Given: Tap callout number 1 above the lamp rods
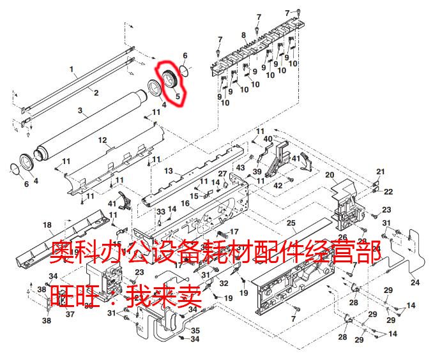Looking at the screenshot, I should pos(72,69).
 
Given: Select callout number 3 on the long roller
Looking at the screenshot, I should pos(80,110).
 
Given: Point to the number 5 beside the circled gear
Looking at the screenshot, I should pos(178,97).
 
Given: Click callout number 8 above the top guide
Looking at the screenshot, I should pos(243,34).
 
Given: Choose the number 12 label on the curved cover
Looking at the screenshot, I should pos(102,140).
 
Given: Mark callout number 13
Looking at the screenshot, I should pos(169,170).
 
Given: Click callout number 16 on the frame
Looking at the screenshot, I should pos(184,203).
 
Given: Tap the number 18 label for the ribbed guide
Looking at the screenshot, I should pos(47,224).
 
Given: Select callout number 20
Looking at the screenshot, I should pos(331,175).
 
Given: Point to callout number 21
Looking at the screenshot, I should pos(380,172).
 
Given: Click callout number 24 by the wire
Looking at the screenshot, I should pos(415,281).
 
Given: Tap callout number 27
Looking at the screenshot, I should pos(222,174).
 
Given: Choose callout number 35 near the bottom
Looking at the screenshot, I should pos(195,330).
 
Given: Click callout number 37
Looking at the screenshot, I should pos(70,314).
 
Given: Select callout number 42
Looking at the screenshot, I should pos(278,186).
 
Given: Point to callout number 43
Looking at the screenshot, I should pos(240,167).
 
